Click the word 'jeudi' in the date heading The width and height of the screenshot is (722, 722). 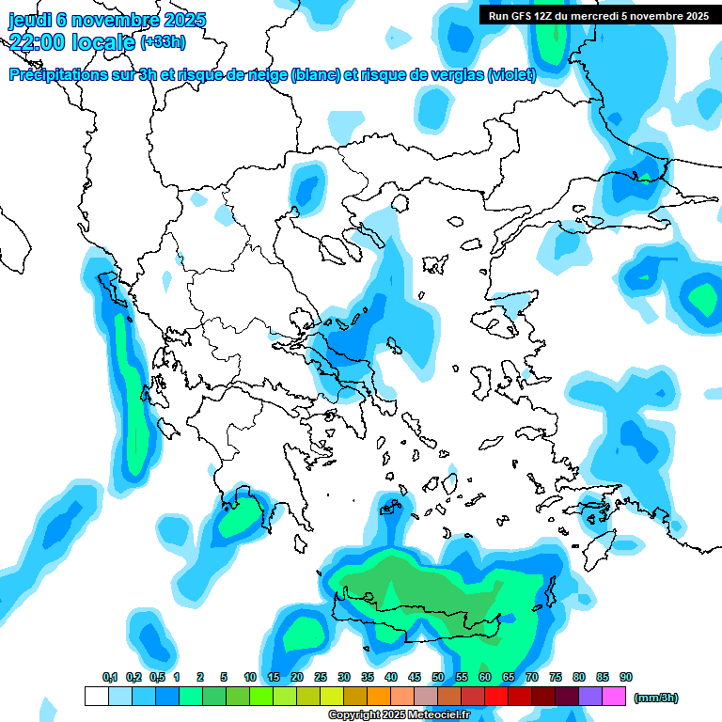click(29, 20)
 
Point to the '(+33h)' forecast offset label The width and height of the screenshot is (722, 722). click(163, 42)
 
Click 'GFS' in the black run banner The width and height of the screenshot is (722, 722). click(521, 15)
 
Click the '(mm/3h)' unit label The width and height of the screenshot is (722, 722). click(655, 698)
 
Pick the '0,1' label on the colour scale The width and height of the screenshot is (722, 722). click(110, 677)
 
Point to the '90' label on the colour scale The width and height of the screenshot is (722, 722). click(626, 677)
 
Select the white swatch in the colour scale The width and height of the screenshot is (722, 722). click(96, 697)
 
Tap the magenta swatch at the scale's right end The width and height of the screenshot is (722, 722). click(615, 697)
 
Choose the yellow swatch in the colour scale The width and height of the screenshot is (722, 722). click(331, 697)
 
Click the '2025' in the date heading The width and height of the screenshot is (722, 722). click(185, 20)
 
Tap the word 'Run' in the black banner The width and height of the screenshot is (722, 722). click(499, 15)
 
